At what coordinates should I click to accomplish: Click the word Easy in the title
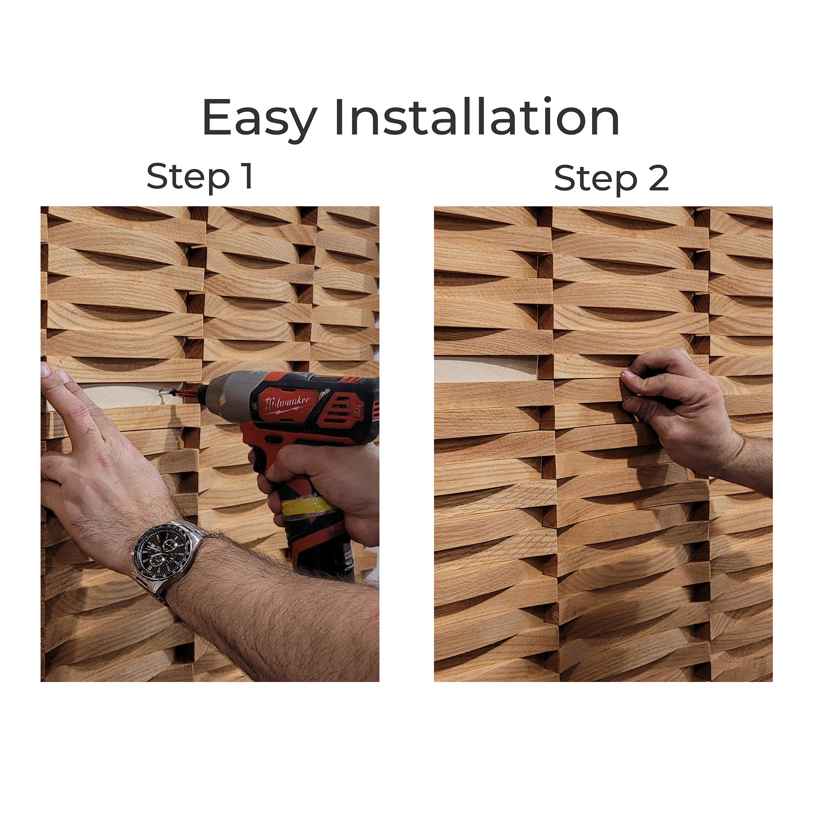click(259, 119)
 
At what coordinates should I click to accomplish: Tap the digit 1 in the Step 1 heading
click(248, 176)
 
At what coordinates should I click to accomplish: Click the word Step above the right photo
click(596, 180)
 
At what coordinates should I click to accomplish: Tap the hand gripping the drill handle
click(321, 481)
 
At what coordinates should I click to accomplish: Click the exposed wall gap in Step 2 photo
click(486, 369)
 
